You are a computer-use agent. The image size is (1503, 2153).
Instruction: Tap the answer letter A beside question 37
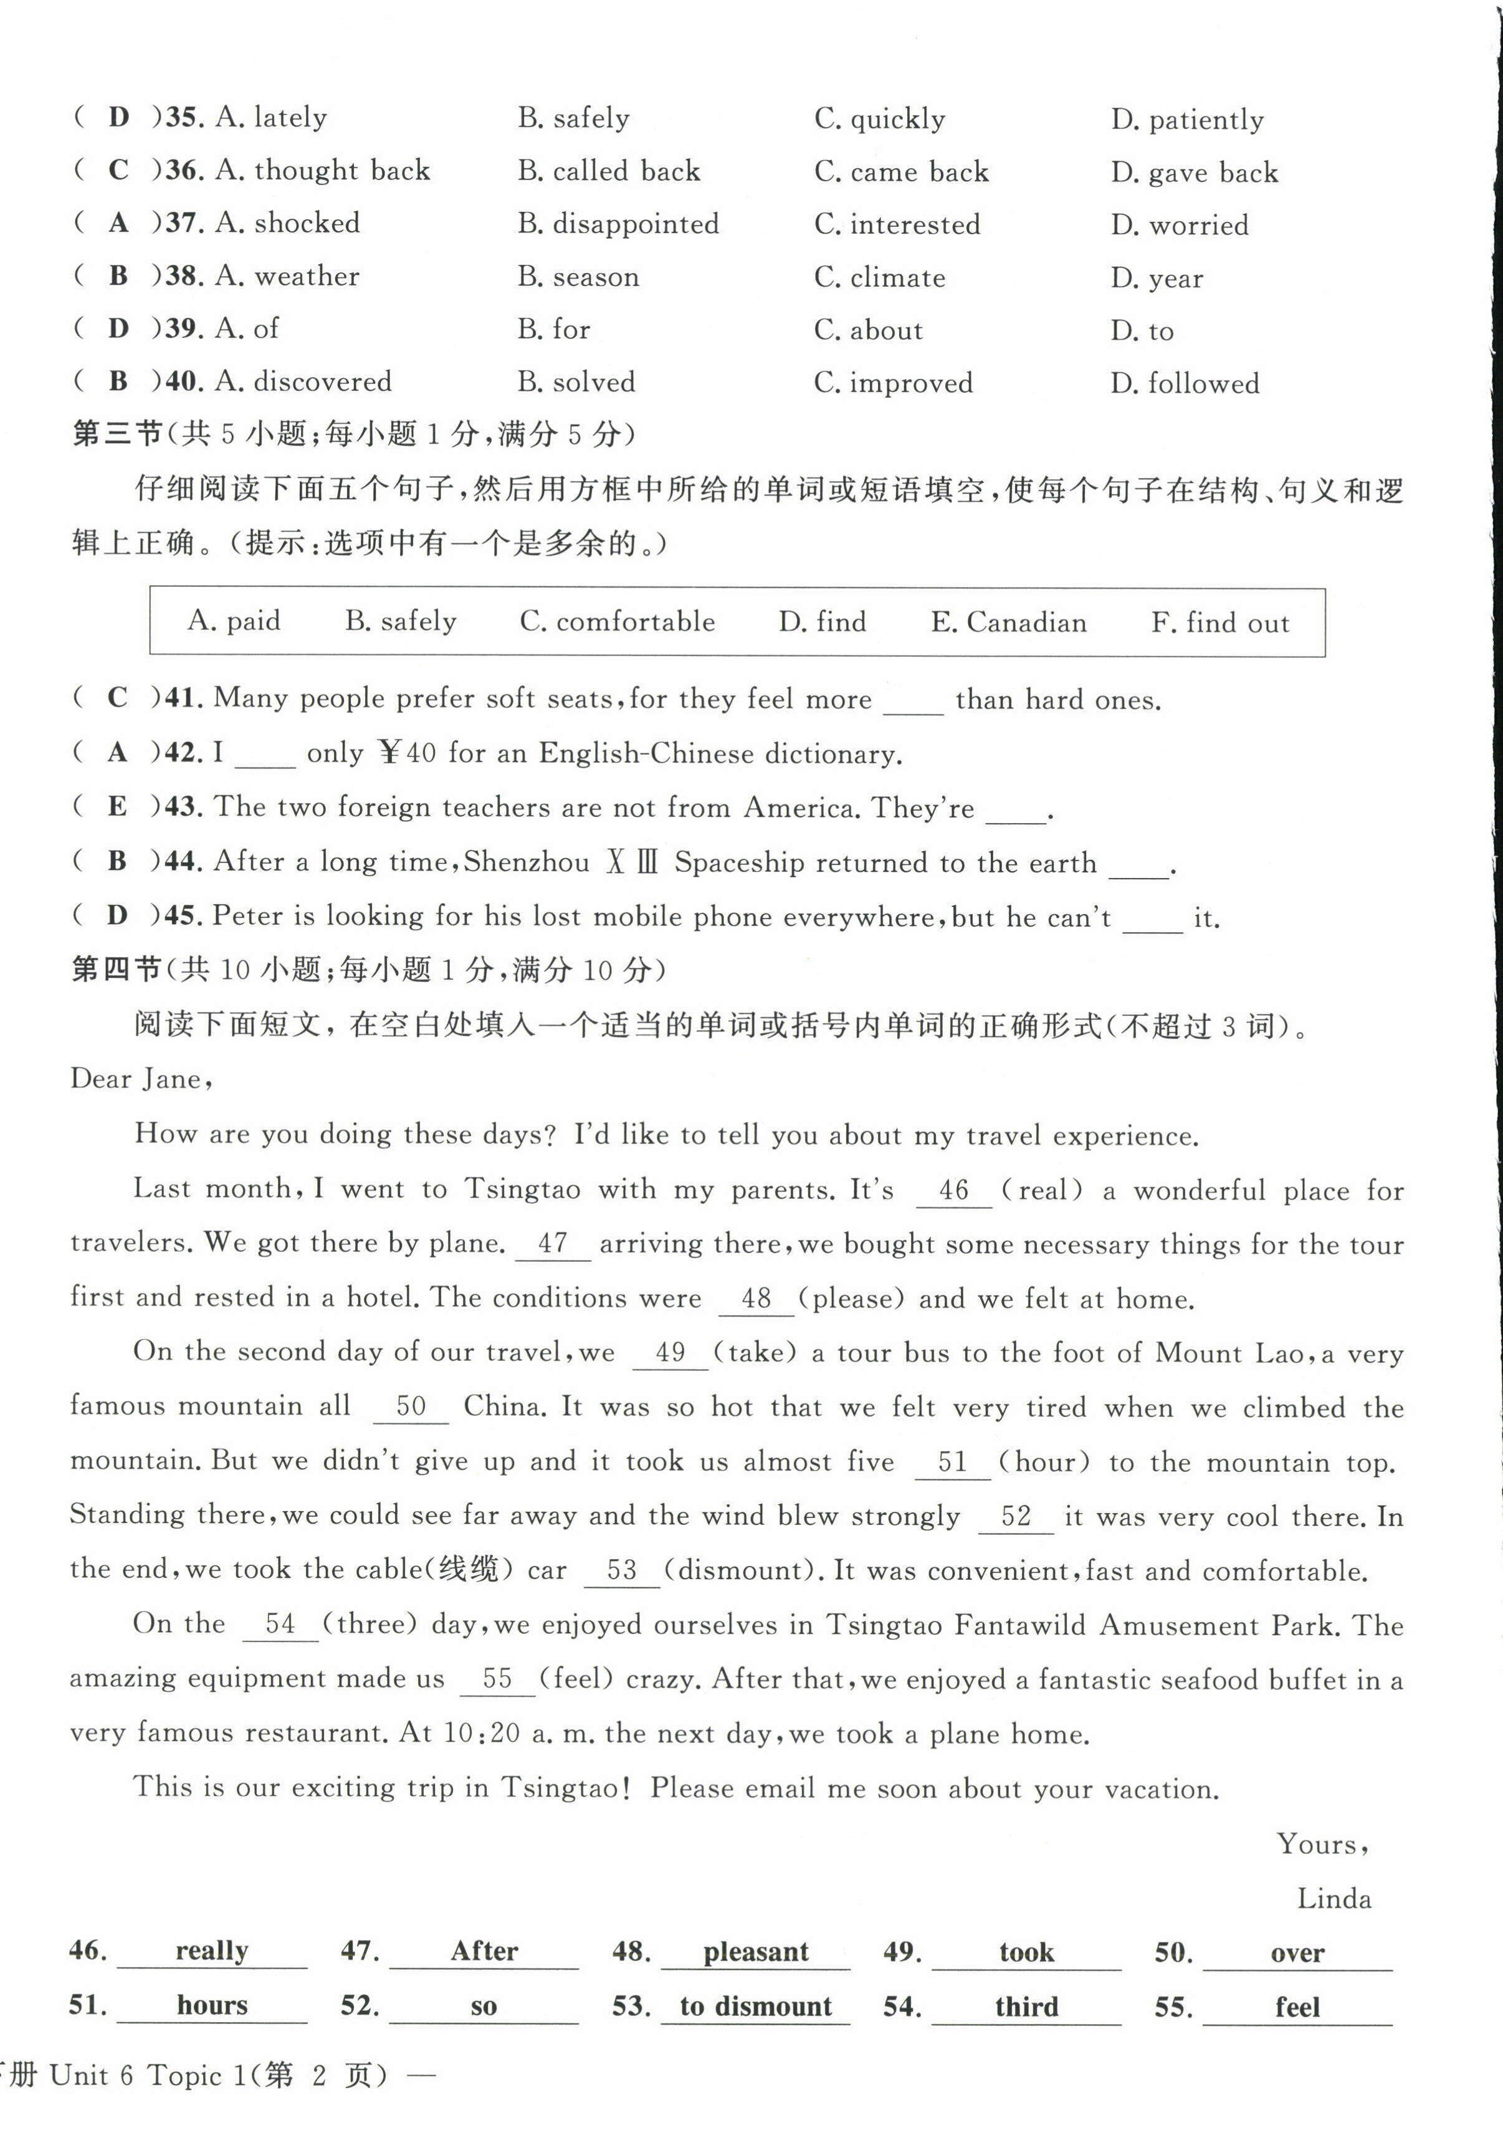click(x=118, y=223)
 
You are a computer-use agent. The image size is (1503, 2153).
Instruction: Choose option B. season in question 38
click(x=578, y=277)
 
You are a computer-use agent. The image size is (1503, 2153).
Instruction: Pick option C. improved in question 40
click(x=894, y=383)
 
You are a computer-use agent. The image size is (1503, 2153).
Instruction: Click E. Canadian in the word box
click(x=1008, y=623)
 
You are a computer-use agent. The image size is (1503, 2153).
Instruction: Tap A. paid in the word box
click(x=234, y=621)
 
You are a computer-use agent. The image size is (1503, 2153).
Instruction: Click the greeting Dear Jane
click(x=141, y=1079)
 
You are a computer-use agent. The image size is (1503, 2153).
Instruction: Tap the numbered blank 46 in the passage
click(x=953, y=1191)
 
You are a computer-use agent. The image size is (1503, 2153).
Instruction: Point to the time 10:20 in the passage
click(x=481, y=1733)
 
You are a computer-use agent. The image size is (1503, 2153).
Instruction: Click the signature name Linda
click(x=1334, y=1899)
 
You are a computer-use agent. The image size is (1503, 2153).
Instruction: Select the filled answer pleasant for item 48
click(x=756, y=1953)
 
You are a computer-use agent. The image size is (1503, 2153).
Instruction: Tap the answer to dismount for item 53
click(x=756, y=2008)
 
